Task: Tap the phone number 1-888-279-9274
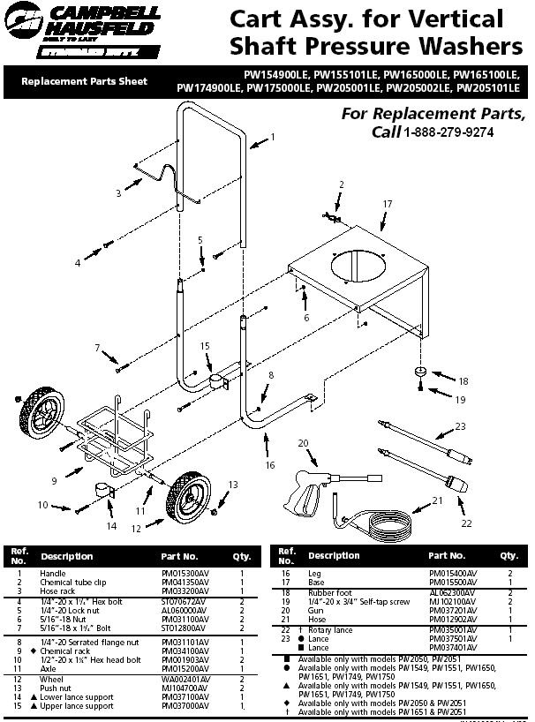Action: tap(448, 132)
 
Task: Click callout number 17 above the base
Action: tap(387, 204)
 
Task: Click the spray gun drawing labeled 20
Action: tap(311, 485)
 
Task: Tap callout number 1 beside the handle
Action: tap(273, 137)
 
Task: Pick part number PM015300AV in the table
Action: tap(185, 573)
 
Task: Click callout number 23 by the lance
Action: tap(460, 427)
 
